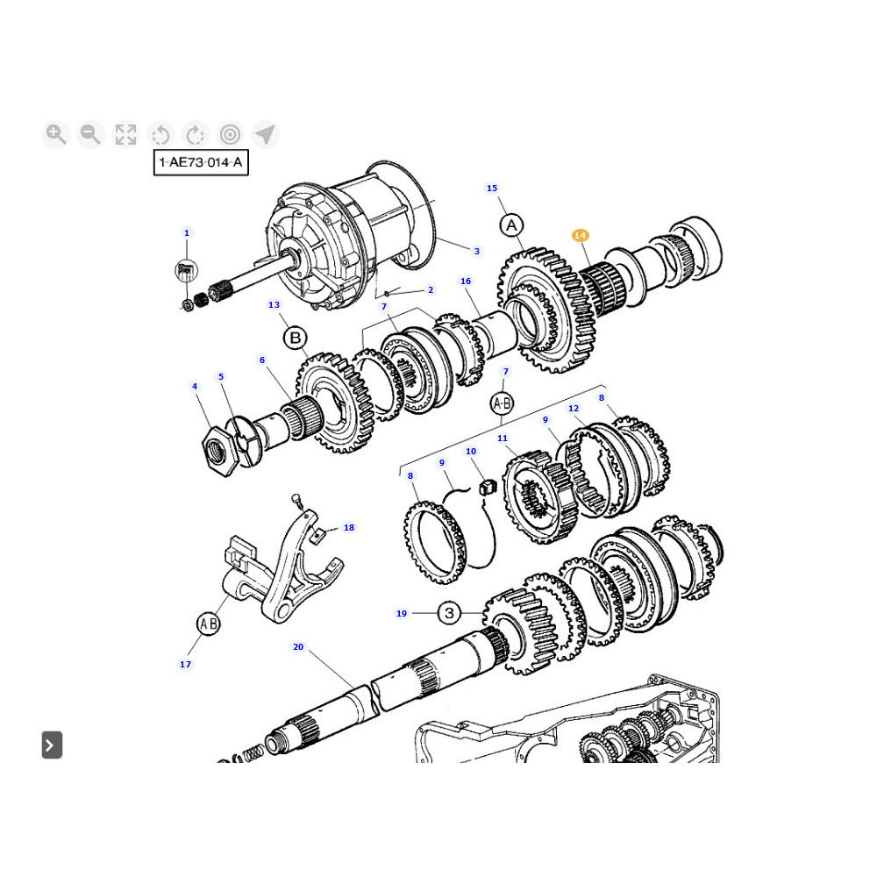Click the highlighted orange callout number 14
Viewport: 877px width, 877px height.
coord(580,235)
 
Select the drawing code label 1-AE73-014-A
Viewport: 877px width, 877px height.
coord(201,162)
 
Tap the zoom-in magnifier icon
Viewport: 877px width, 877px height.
coord(56,134)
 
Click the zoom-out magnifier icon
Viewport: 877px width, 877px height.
coord(90,134)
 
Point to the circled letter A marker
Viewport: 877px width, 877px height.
coord(511,225)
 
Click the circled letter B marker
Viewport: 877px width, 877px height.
coord(296,338)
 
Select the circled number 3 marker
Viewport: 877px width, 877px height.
coord(448,612)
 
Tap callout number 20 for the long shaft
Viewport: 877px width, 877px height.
coord(298,647)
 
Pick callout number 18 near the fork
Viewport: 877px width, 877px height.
coord(349,527)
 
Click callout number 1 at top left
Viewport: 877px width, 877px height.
coord(186,232)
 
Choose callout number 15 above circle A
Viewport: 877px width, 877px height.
coord(491,188)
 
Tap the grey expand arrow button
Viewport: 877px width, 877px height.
coord(51,745)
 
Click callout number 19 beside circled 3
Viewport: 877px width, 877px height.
coord(402,613)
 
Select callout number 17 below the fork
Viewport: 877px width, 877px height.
coord(185,664)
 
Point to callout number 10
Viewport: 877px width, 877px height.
coord(471,452)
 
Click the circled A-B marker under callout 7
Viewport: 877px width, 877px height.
coord(502,403)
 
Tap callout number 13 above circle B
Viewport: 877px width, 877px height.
coord(274,305)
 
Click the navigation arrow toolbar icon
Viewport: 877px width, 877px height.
coord(265,134)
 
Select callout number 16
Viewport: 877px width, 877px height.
coord(466,281)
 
